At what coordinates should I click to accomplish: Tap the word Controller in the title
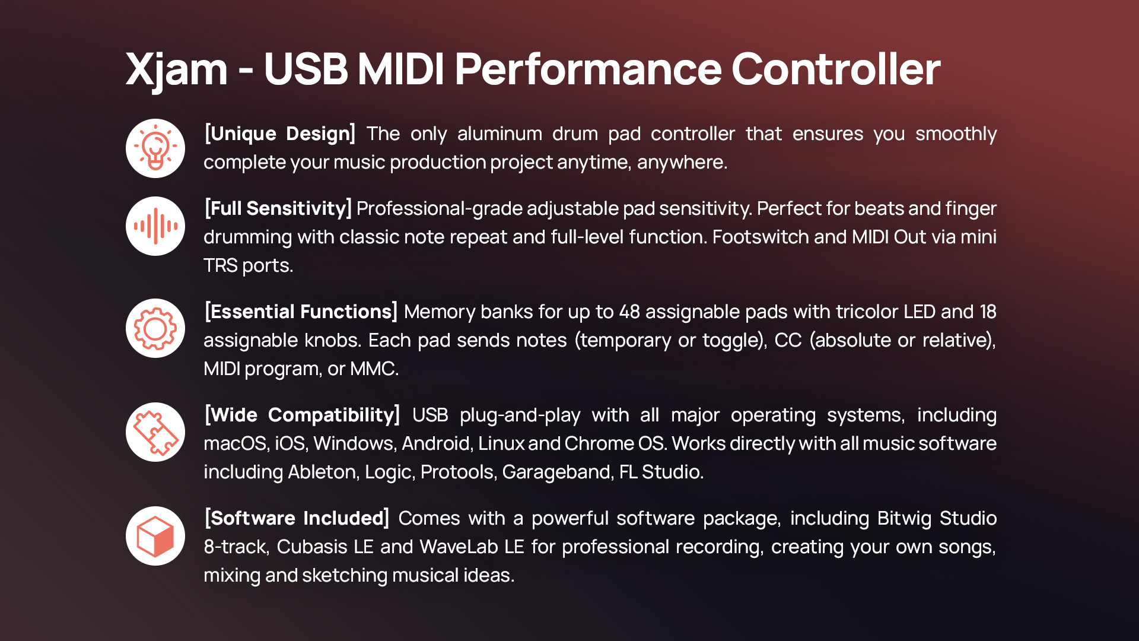[x=836, y=69]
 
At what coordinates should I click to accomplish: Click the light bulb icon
[x=155, y=148]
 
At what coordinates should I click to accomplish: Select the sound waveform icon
[x=155, y=226]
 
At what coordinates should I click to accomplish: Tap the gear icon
[x=155, y=328]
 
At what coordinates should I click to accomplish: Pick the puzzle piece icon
[x=155, y=432]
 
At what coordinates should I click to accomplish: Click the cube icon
[x=155, y=536]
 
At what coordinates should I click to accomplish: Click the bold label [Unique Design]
[x=280, y=134]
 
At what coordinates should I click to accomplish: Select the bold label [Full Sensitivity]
[x=278, y=209]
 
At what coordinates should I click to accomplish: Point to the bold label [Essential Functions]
[x=301, y=312]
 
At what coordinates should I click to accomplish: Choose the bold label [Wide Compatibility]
[x=302, y=415]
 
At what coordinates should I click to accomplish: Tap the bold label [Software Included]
[x=297, y=519]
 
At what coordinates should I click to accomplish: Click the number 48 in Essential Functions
[x=629, y=312]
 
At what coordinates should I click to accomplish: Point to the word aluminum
[x=499, y=134]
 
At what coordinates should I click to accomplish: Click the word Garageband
[x=556, y=472]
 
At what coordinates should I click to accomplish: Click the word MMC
[x=374, y=369]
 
